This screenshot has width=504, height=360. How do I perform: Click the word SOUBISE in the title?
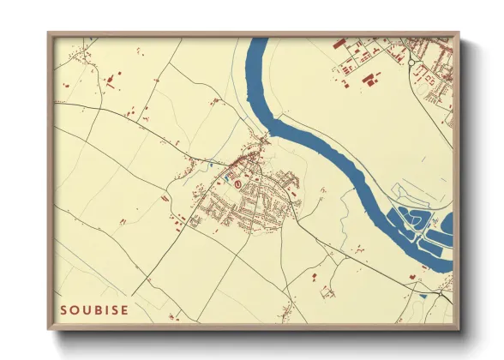point(94,309)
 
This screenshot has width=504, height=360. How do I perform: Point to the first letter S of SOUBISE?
point(64,309)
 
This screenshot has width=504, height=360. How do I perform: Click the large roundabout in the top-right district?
point(412,62)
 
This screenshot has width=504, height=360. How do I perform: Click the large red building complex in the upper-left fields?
point(111,82)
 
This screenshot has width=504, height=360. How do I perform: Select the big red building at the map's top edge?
point(337,43)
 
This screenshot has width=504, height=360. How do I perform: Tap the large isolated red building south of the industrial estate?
point(369,81)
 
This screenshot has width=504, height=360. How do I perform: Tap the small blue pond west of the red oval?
point(211,164)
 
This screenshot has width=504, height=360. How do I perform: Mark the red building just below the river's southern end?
point(412,277)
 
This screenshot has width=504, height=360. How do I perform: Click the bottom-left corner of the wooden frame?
point(50,328)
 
